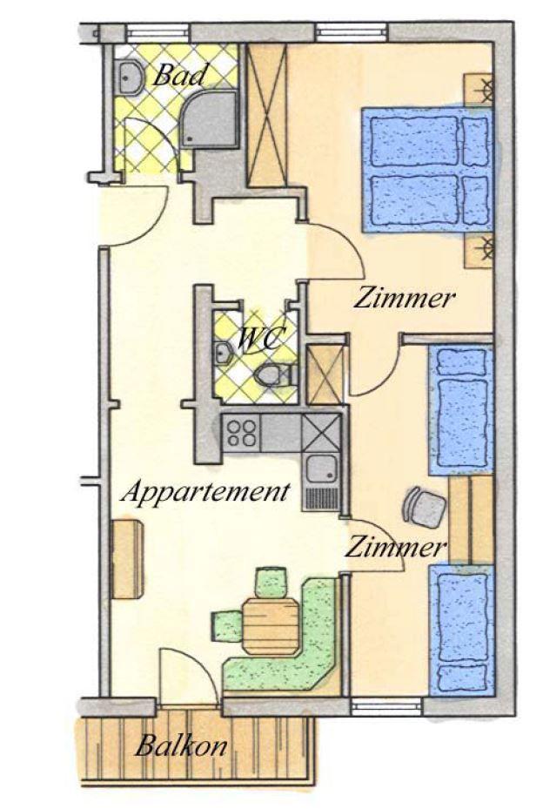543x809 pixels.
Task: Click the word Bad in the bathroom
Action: click(179, 76)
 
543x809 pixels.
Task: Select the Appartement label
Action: click(204, 493)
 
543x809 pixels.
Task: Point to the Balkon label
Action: click(181, 746)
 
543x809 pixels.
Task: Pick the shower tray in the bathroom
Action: click(209, 119)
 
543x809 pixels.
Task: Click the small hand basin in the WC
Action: click(223, 354)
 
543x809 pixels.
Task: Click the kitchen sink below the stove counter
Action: click(322, 470)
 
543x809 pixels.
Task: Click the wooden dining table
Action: click(271, 626)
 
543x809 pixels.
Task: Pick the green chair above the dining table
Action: click(271, 582)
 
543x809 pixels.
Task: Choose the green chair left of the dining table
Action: click(227, 625)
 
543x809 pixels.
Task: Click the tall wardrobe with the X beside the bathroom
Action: click(266, 116)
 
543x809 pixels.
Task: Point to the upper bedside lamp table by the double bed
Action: click(479, 90)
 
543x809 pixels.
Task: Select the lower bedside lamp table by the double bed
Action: click(479, 252)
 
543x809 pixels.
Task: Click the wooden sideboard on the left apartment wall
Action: click(127, 559)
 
